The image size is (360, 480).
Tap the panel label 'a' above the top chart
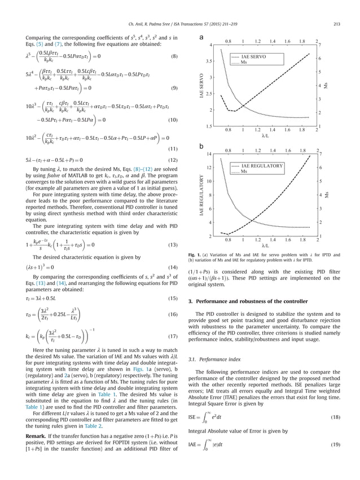(201, 38)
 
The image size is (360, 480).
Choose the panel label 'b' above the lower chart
(201, 146)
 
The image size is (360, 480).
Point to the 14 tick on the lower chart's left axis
(209, 154)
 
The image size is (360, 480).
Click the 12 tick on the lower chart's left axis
(209, 168)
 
